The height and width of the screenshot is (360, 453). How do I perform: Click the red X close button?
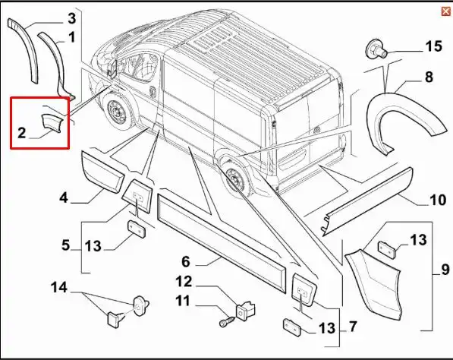point(445,11)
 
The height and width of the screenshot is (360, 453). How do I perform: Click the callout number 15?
point(433,47)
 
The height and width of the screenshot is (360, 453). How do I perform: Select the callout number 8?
point(429,77)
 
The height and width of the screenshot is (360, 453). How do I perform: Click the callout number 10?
point(437,201)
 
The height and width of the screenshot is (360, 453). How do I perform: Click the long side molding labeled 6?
point(220,232)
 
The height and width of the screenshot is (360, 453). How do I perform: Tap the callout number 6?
point(184,262)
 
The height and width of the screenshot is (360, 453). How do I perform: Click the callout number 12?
point(184,282)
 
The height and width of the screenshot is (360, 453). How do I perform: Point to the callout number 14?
point(59,287)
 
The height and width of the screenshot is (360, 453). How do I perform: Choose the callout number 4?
point(64,197)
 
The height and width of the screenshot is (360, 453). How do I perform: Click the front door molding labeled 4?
point(102,172)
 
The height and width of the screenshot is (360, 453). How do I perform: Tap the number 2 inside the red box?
point(22,133)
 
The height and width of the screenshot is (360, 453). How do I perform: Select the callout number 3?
point(71,17)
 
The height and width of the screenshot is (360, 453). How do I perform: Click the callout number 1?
point(71,36)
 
